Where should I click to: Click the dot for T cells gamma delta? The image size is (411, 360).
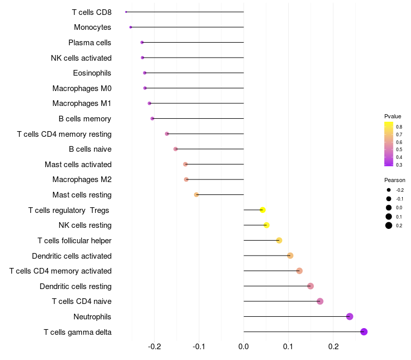[364, 332]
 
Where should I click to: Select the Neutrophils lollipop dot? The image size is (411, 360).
[350, 316]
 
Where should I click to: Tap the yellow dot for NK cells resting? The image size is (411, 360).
[266, 225]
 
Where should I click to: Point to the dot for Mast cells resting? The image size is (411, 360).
[196, 195]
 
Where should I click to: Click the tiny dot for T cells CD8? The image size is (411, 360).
[126, 12]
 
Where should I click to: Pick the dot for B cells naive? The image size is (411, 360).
[176, 149]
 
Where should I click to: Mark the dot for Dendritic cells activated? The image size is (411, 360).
[290, 256]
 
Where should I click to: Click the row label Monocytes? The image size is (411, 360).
[92, 27]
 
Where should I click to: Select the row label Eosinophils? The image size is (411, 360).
[92, 73]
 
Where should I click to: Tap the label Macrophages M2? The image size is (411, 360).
[82, 179]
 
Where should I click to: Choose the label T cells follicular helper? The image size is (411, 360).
[74, 241]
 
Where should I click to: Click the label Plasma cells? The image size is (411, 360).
[90, 43]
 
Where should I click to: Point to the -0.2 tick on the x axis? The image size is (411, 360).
[154, 348]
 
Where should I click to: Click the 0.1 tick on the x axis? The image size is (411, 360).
[288, 348]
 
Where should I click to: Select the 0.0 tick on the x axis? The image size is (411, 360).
[244, 348]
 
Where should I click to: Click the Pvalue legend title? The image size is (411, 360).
[393, 116]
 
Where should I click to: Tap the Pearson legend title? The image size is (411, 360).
[395, 181]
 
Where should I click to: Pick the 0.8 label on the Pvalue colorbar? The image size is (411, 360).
[399, 127]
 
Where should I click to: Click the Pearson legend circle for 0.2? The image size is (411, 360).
[389, 225]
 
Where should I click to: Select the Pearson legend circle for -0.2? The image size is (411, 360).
[389, 190]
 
